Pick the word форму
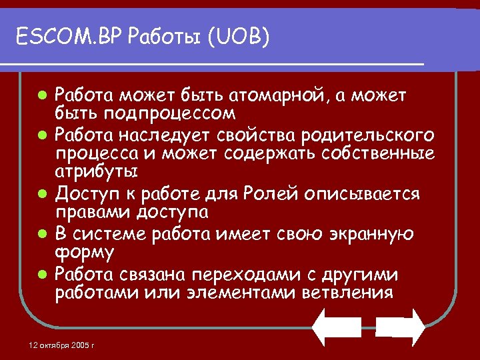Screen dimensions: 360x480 coord(84,254)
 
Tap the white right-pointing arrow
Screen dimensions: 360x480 coord(400,327)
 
